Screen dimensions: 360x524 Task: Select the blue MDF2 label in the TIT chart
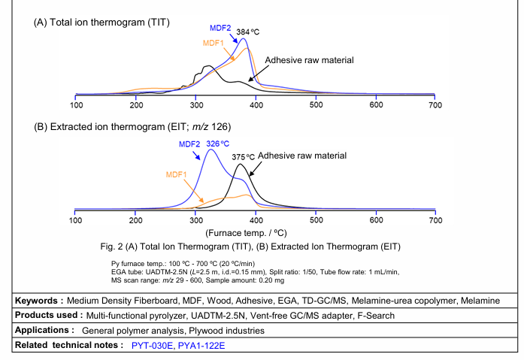click(x=221, y=28)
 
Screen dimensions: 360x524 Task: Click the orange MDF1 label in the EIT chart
click(x=177, y=174)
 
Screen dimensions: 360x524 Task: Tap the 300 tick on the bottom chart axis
click(x=195, y=221)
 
